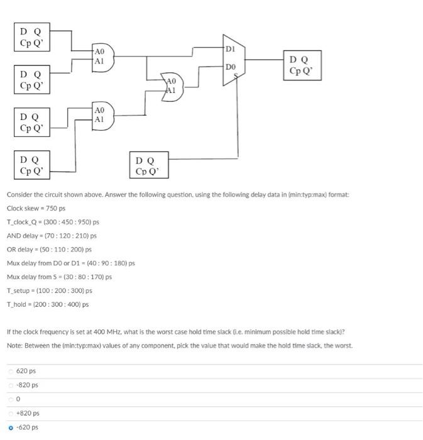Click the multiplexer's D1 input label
[230, 48]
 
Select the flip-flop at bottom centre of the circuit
[149, 165]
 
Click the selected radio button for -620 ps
[11, 427]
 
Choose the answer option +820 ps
[27, 413]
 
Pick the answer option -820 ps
[27, 385]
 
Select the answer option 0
[18, 399]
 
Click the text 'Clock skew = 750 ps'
[36, 208]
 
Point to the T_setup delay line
[49, 291]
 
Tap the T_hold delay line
[48, 305]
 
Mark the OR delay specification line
[49, 250]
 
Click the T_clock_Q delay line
[53, 222]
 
